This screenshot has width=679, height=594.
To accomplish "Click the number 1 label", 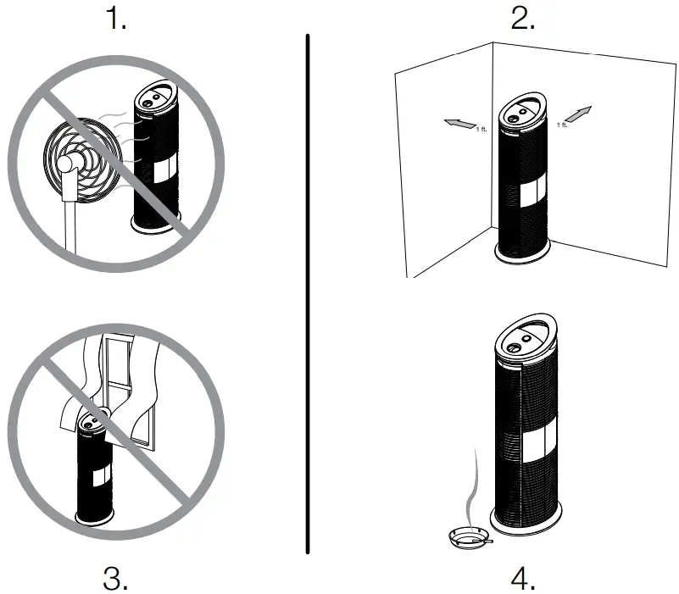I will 117,19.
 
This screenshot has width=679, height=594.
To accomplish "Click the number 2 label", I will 521,19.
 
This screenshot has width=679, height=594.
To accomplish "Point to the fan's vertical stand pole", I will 69,225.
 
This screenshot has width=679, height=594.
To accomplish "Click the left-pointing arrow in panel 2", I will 459,125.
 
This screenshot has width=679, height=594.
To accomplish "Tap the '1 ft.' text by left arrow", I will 481,129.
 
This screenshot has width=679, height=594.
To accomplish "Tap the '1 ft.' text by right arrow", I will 561,125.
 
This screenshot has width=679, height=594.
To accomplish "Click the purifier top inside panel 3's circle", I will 94,418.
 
